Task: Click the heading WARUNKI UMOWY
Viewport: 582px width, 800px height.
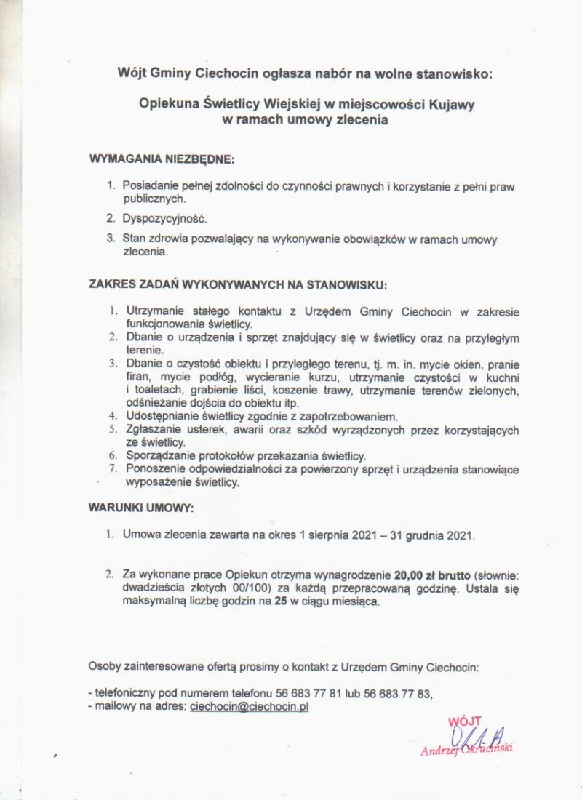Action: tap(141, 505)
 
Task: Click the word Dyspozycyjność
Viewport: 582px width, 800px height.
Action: tap(164, 218)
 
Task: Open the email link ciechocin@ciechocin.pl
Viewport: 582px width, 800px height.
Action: tap(249, 705)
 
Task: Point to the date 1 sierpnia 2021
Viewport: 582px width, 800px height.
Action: tap(338, 536)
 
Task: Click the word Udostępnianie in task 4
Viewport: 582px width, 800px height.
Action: tap(162, 417)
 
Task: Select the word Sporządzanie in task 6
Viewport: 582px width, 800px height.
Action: tap(160, 456)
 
